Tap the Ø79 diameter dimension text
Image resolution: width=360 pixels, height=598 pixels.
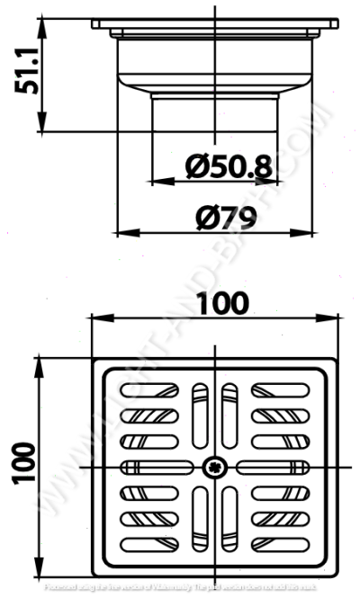[226, 217]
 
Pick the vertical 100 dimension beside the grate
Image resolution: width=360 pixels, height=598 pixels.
[24, 465]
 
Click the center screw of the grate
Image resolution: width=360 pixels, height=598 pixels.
[215, 466]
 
